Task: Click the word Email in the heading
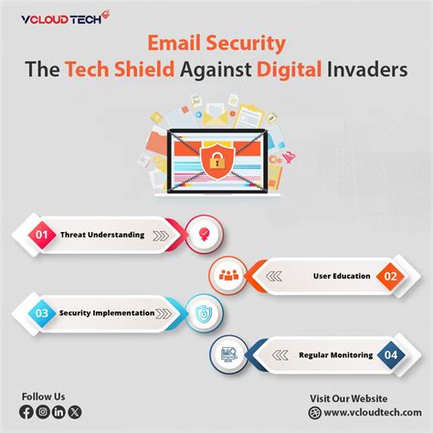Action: point(178,44)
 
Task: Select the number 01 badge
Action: point(41,235)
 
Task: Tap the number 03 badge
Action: point(41,312)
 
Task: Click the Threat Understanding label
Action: point(102,235)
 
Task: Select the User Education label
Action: point(342,275)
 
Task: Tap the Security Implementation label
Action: point(107,312)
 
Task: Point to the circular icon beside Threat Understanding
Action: point(203,235)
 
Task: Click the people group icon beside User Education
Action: point(228,274)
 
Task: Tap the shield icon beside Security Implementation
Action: point(203,312)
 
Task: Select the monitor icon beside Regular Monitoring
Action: point(228,353)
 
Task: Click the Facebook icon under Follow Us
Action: point(26,412)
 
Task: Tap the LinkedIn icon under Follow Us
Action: point(58,412)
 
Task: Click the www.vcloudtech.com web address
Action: point(366,413)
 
